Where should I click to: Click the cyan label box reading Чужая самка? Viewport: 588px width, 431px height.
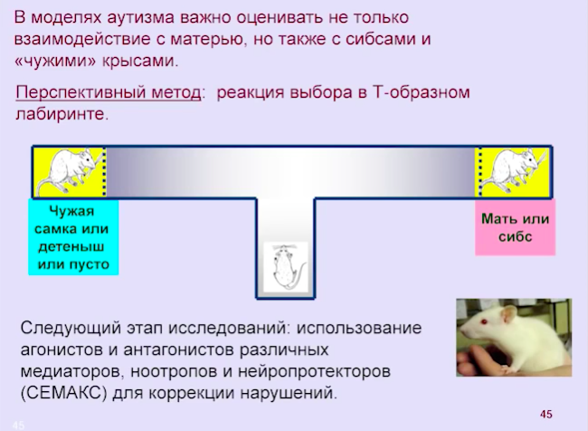tap(73, 237)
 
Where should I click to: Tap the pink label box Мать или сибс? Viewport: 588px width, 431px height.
tap(515, 227)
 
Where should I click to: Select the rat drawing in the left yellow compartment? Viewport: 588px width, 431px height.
tap(71, 171)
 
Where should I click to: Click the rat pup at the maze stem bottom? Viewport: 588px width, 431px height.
tap(287, 267)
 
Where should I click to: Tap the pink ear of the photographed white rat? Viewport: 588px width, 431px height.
tap(509, 313)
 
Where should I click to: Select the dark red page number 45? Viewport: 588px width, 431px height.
tap(546, 414)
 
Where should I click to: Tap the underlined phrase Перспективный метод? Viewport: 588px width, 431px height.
tap(109, 92)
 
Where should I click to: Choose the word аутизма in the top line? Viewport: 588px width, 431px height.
tap(140, 18)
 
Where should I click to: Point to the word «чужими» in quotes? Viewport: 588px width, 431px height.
tap(55, 62)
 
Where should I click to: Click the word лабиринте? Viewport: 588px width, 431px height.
tap(62, 114)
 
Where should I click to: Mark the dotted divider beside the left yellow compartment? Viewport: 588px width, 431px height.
tap(104, 171)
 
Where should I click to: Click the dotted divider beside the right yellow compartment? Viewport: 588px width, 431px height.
tap(480, 171)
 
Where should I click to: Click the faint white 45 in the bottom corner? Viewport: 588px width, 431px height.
tap(18, 426)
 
